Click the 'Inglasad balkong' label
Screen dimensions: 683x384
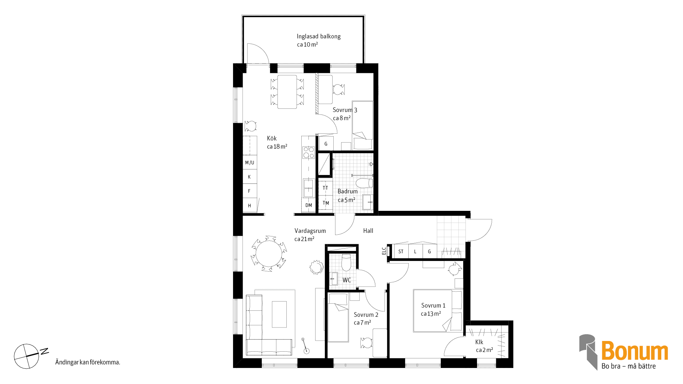coord(319,36)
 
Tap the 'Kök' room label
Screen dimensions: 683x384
coord(272,138)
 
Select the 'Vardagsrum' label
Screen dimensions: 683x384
coord(310,231)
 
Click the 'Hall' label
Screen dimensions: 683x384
coord(368,231)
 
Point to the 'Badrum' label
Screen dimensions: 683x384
coord(348,191)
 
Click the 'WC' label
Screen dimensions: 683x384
coord(347,280)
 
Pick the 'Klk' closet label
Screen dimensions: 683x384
coord(479,342)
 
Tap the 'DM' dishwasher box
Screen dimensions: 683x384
coord(308,206)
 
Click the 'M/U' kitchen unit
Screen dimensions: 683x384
coord(250,162)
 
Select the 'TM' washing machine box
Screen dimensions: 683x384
coord(325,203)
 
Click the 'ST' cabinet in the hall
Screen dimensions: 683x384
coord(401,251)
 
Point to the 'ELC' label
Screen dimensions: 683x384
coord(384,251)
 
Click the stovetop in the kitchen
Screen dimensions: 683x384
coord(308,153)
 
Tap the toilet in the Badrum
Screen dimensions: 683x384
coord(364,183)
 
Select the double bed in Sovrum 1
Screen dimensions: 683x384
coord(438,311)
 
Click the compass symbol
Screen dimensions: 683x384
coord(26,356)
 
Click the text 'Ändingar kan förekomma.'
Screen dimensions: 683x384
coord(88,362)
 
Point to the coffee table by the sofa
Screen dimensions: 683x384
coord(279,314)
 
